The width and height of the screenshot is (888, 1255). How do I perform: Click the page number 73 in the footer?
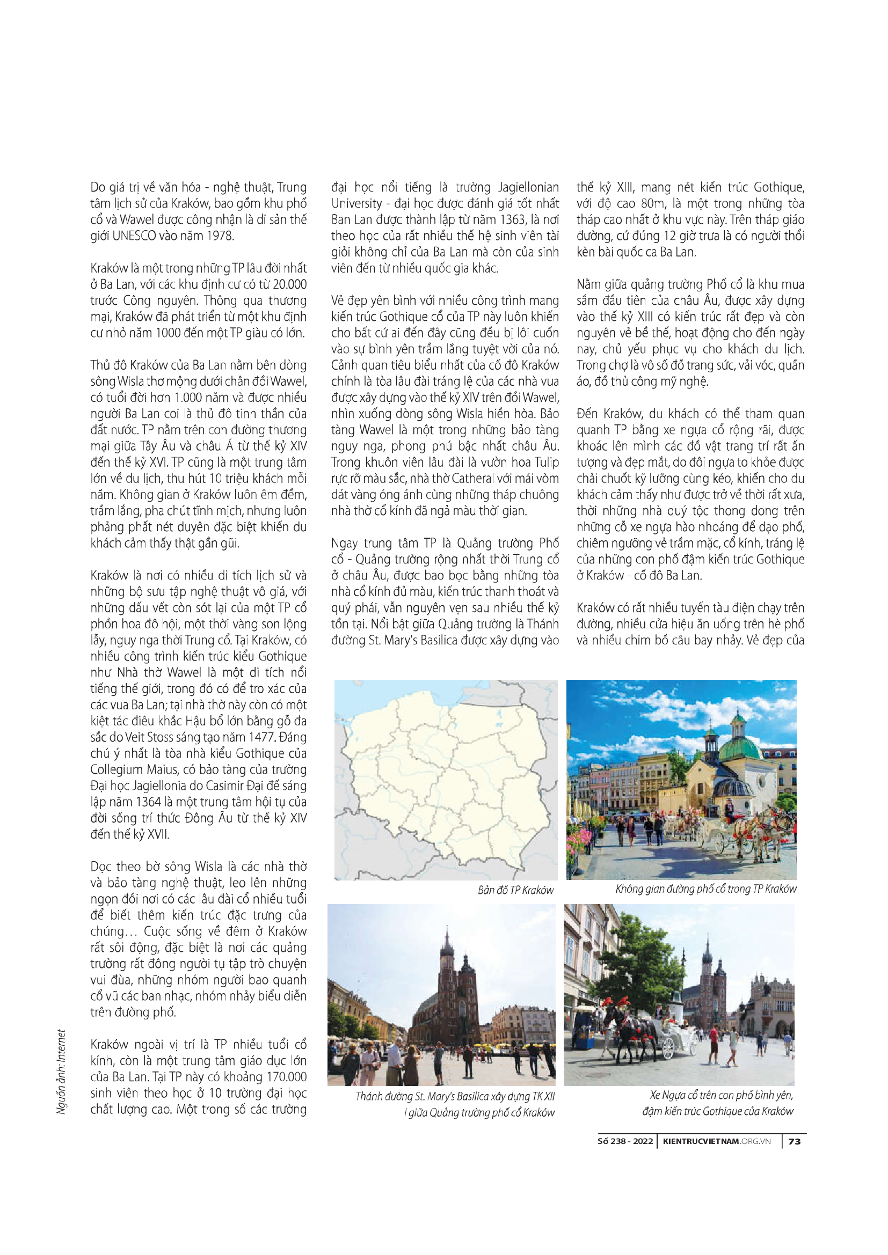[x=795, y=1141]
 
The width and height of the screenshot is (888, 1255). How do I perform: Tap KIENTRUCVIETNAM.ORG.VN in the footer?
[x=716, y=1141]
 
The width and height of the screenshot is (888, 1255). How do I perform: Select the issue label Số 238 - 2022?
[x=625, y=1141]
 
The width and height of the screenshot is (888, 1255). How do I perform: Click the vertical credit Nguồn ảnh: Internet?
[x=61, y=1072]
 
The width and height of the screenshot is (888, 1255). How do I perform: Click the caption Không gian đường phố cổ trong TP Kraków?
[x=705, y=889]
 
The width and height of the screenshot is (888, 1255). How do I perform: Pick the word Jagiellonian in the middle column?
[x=528, y=187]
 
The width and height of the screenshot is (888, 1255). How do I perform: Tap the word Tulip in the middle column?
[x=544, y=463]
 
